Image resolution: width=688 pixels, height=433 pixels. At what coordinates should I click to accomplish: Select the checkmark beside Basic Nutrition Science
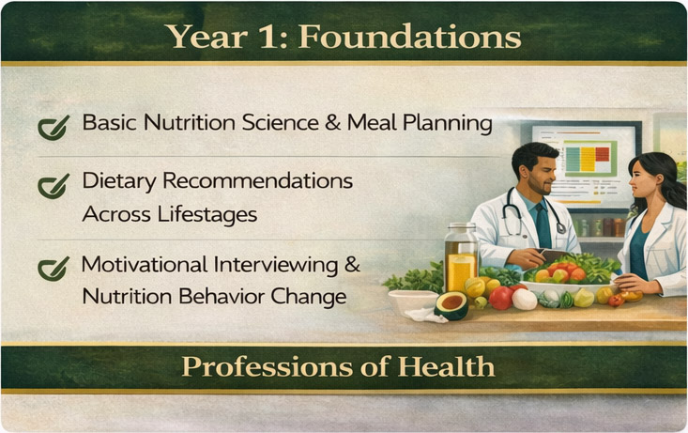tap(53, 126)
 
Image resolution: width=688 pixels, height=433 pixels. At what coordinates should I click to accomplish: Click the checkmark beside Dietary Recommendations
tap(53, 184)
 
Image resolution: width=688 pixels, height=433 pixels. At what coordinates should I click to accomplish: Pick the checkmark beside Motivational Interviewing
tap(53, 268)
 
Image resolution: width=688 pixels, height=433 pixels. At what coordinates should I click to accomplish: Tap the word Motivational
tap(150, 265)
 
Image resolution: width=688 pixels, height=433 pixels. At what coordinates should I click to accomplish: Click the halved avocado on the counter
tap(452, 304)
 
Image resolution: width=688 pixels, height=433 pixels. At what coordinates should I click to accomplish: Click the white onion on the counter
tap(524, 299)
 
